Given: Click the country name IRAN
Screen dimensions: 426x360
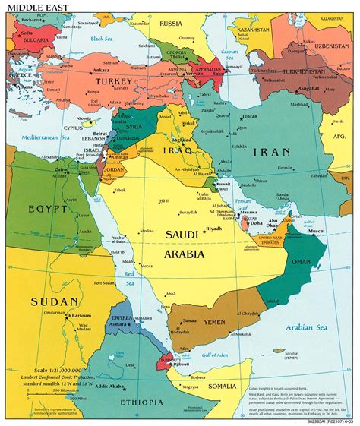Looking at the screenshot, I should pyautogui.click(x=271, y=152).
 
